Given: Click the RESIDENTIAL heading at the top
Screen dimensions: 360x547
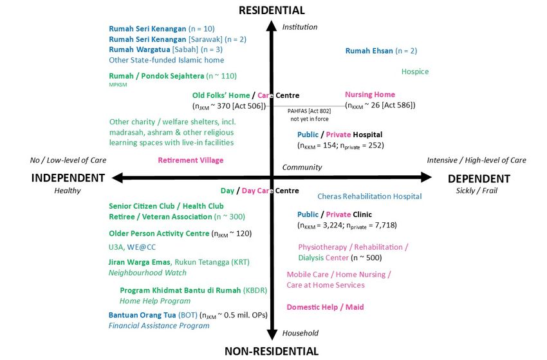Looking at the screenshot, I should tap(272, 10).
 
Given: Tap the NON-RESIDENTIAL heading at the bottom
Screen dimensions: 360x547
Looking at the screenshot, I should tap(271, 351).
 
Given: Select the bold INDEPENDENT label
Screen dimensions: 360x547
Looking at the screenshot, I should tap(68, 178).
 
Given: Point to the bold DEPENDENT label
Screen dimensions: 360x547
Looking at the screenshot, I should tap(478, 178).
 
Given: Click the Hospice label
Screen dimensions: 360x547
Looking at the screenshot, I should tap(414, 71).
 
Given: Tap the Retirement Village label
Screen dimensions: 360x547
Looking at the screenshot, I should tap(190, 160).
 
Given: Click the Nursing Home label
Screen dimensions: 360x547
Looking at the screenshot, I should tap(370, 95).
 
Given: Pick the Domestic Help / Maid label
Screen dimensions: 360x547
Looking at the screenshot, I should tap(325, 307).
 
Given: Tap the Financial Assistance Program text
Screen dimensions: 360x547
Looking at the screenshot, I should tap(159, 326).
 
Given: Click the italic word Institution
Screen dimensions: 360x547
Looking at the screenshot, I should tap(300, 27).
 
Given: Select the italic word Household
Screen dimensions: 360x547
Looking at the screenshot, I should tap(300, 333).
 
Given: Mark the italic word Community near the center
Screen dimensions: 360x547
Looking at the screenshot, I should tap(302, 167).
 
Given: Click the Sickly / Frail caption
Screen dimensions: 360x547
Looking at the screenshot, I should tap(477, 191).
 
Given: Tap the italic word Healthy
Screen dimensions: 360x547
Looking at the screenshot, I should tap(68, 191).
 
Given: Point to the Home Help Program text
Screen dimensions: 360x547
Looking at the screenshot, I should tap(155, 301).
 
